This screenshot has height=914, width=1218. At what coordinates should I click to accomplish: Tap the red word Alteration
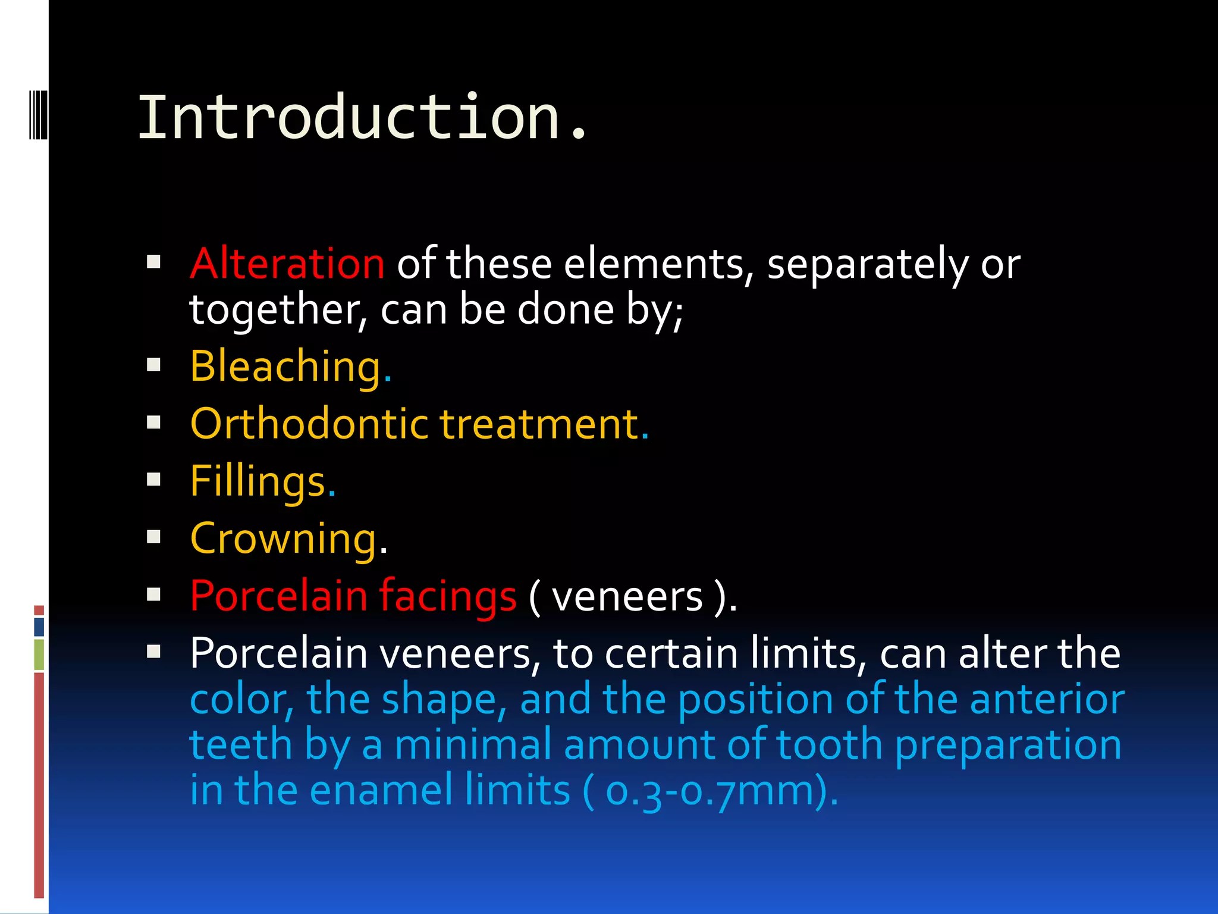pyautogui.click(x=287, y=263)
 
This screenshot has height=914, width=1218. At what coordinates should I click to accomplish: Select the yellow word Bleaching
pyautogui.click(x=286, y=367)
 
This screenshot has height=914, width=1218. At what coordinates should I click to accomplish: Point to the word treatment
pyautogui.click(x=539, y=424)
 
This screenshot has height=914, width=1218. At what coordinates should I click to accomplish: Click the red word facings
pyautogui.click(x=448, y=596)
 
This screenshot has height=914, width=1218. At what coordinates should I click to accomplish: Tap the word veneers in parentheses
pyautogui.click(x=627, y=597)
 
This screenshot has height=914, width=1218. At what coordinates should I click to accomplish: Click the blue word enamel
pyautogui.click(x=381, y=790)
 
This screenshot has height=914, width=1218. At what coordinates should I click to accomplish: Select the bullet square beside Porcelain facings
pyautogui.click(x=154, y=594)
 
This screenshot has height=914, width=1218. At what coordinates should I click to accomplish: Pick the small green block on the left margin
pyautogui.click(x=39, y=655)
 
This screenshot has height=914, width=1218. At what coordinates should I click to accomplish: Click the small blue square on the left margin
pyautogui.click(x=39, y=627)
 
